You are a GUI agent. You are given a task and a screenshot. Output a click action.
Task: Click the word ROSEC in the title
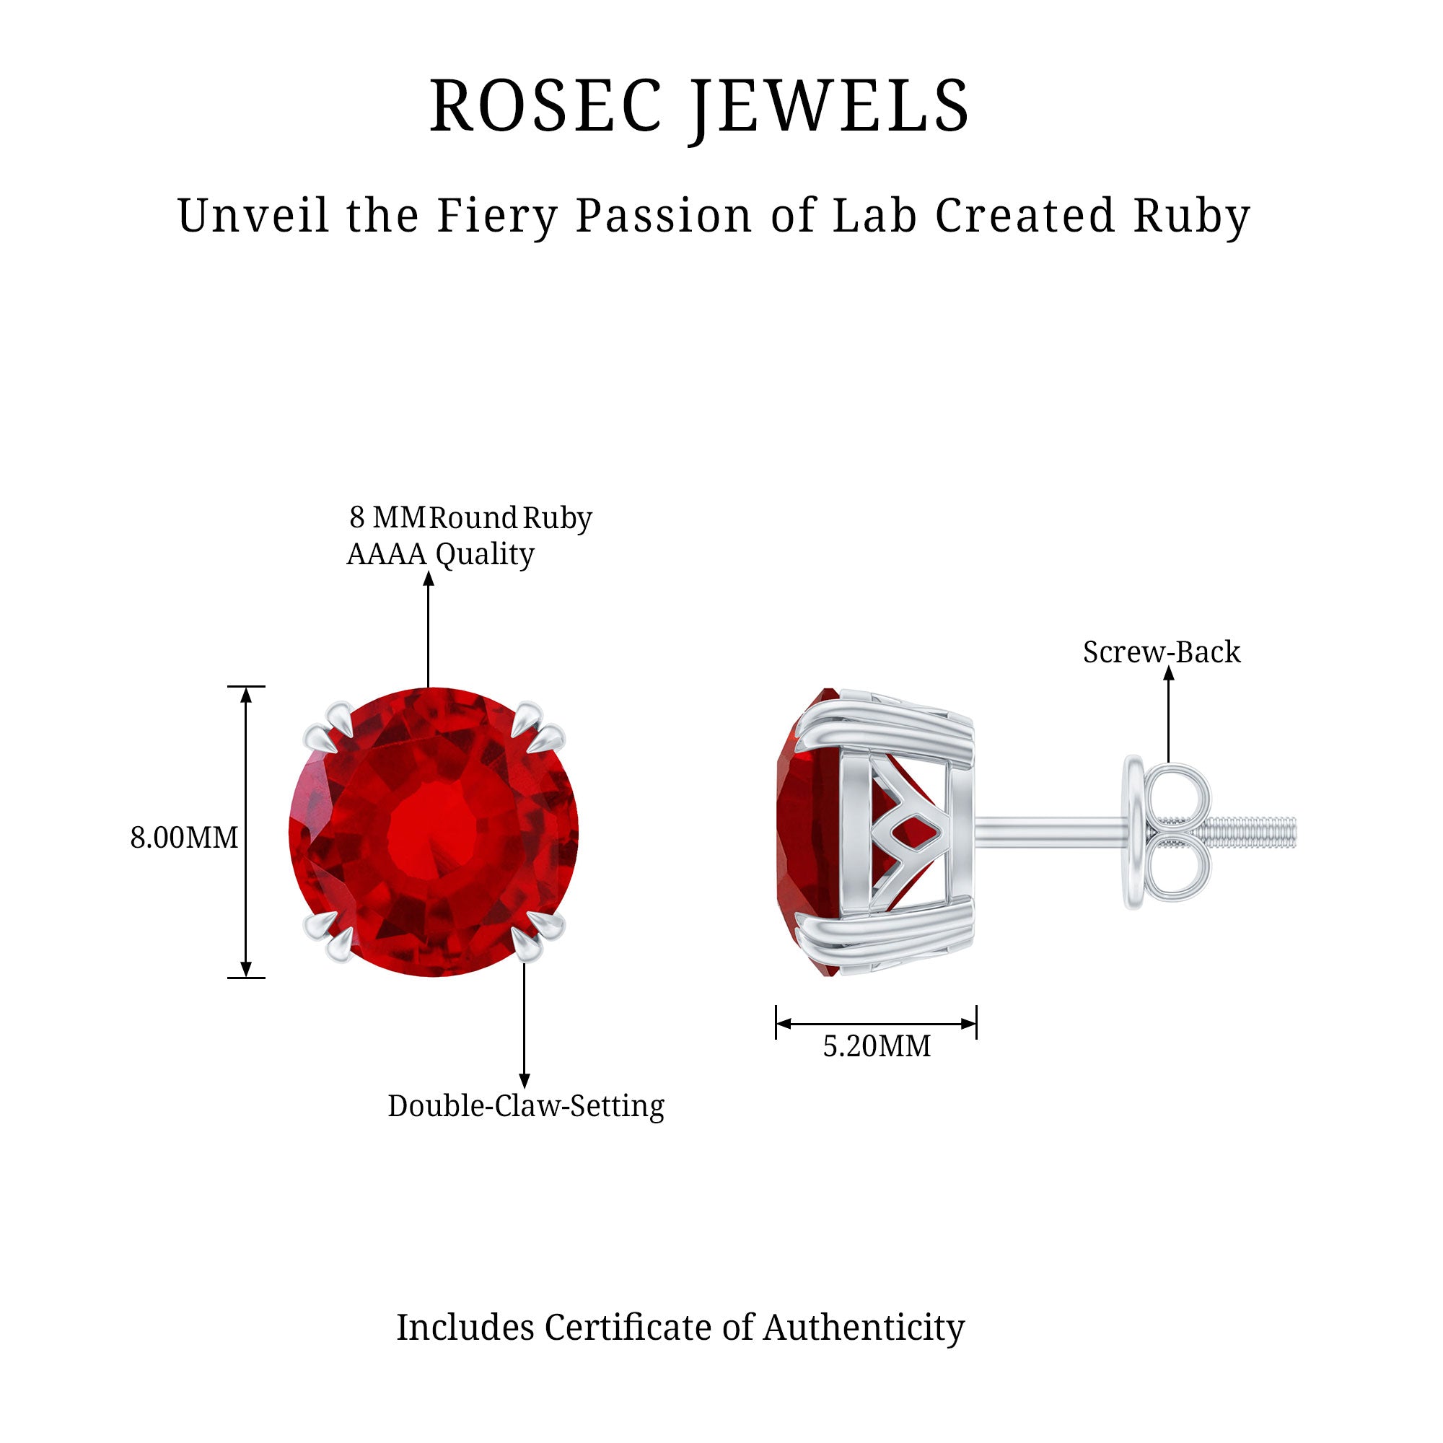pyautogui.click(x=546, y=106)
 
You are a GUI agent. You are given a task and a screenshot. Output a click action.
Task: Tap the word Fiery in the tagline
pyautogui.click(x=497, y=216)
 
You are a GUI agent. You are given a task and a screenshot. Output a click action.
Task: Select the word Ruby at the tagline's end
pyautogui.click(x=1191, y=216)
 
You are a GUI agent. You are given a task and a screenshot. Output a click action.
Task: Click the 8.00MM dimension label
pyautogui.click(x=184, y=838)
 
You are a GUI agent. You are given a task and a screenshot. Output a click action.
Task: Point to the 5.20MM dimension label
pyautogui.click(x=877, y=1046)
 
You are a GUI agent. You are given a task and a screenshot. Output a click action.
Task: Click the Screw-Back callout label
pyautogui.click(x=1162, y=652)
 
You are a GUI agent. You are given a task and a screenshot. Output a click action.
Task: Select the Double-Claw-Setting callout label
pyautogui.click(x=526, y=1106)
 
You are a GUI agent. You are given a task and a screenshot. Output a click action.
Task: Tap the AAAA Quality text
pyautogui.click(x=441, y=554)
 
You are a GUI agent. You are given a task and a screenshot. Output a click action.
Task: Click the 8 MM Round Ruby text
pyautogui.click(x=470, y=517)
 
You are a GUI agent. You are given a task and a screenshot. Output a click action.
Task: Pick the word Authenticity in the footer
pyautogui.click(x=864, y=1328)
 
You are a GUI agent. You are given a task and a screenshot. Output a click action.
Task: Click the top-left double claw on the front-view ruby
pyautogui.click(x=330, y=728)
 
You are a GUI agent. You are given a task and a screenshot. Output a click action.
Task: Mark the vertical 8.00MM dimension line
pyautogui.click(x=246, y=831)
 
